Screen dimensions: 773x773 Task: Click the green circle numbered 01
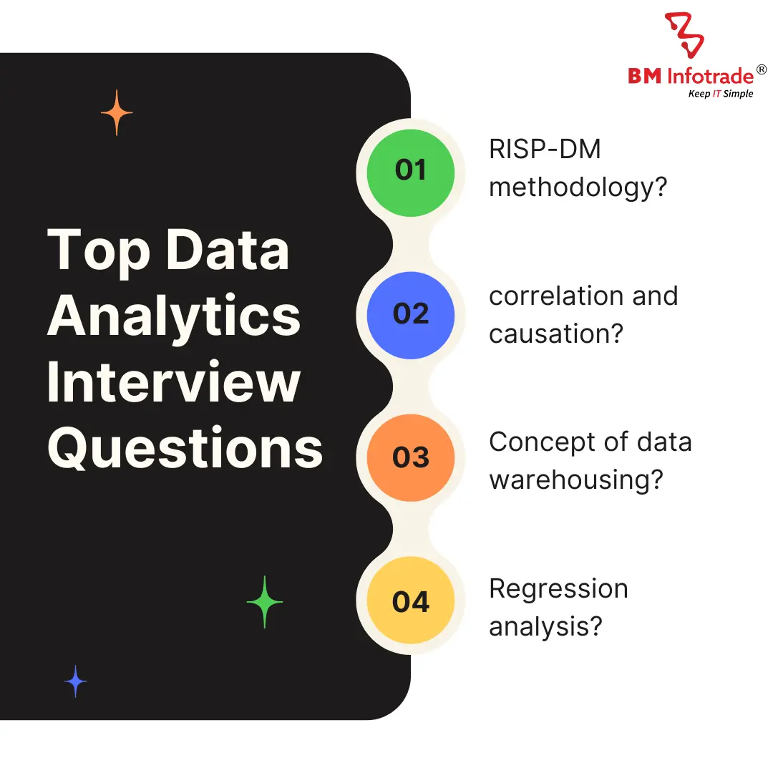pos(410,172)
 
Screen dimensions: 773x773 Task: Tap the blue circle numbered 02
pos(410,315)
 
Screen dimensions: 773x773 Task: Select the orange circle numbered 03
pos(410,458)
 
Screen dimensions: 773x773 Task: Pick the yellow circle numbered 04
pos(410,602)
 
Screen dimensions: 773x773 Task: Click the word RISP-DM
pos(545,150)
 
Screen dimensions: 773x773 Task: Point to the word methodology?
pos(578,188)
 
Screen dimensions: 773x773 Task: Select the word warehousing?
pos(576,479)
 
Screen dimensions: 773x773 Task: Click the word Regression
pos(558,588)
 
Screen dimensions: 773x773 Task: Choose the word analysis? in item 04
pos(545,626)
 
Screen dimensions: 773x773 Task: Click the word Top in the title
pos(98,251)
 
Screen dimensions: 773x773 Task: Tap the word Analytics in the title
pos(174,316)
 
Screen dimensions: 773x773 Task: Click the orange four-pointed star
pos(117,113)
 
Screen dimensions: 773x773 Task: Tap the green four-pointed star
pos(265,602)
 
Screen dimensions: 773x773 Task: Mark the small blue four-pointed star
pos(75,681)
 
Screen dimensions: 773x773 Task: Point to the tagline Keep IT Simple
pos(720,94)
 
